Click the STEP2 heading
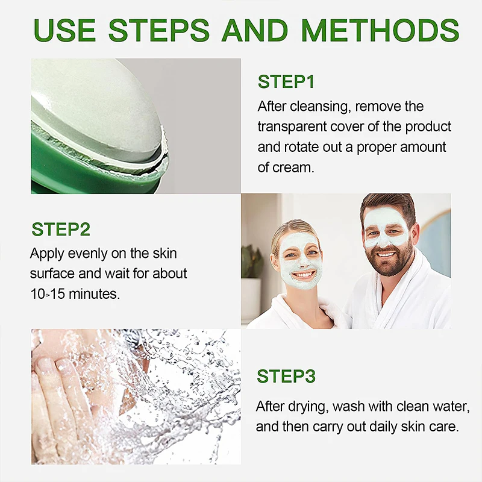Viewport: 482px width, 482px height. coord(61,230)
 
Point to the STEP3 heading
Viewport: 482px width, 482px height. coord(286,377)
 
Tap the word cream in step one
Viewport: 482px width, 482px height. coord(294,167)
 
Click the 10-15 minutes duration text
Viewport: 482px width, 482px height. coord(75,294)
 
